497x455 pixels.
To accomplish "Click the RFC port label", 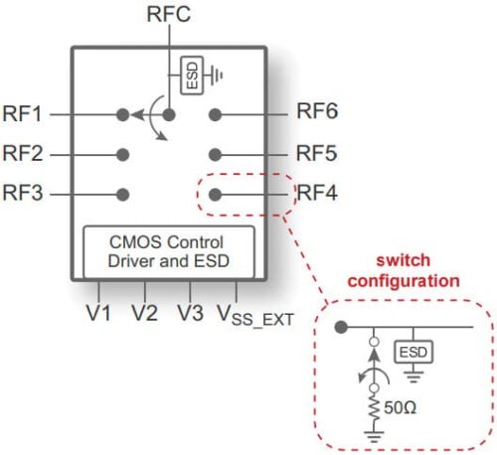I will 169,14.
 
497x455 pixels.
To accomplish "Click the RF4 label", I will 318,193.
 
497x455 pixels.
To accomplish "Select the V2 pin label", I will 145,314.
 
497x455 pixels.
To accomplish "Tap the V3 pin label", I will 191,314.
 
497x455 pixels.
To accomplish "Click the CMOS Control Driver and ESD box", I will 169,252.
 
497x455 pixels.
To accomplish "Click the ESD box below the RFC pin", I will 190,74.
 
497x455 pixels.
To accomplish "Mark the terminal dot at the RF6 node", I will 215,115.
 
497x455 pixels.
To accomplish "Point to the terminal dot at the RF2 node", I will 123,154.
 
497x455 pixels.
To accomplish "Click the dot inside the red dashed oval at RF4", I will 215,194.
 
